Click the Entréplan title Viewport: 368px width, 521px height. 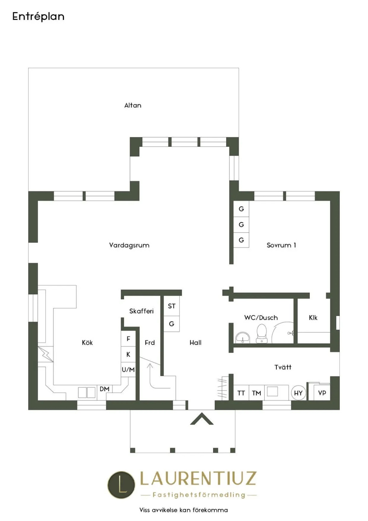point(38,17)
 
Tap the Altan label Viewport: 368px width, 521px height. point(133,106)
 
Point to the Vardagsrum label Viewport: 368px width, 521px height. point(129,245)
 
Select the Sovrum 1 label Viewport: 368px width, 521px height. point(281,245)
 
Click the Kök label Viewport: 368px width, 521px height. point(87,343)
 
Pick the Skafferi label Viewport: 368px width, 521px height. point(141,311)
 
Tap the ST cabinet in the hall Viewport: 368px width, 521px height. point(171,307)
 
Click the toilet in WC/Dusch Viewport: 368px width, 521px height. point(262,333)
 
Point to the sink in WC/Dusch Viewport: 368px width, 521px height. point(243,337)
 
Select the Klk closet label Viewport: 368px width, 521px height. point(313,318)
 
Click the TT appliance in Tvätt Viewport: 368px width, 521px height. point(241,393)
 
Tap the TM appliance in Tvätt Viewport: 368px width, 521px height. point(256,393)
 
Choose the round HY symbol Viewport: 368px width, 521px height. point(298,393)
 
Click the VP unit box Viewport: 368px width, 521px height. point(322,392)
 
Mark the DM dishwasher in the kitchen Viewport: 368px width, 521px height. point(105,389)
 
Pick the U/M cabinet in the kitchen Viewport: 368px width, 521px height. point(128,369)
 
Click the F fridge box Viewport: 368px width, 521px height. point(128,339)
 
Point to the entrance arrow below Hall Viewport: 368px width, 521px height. point(202,419)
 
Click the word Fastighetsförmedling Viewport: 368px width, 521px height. point(199,495)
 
